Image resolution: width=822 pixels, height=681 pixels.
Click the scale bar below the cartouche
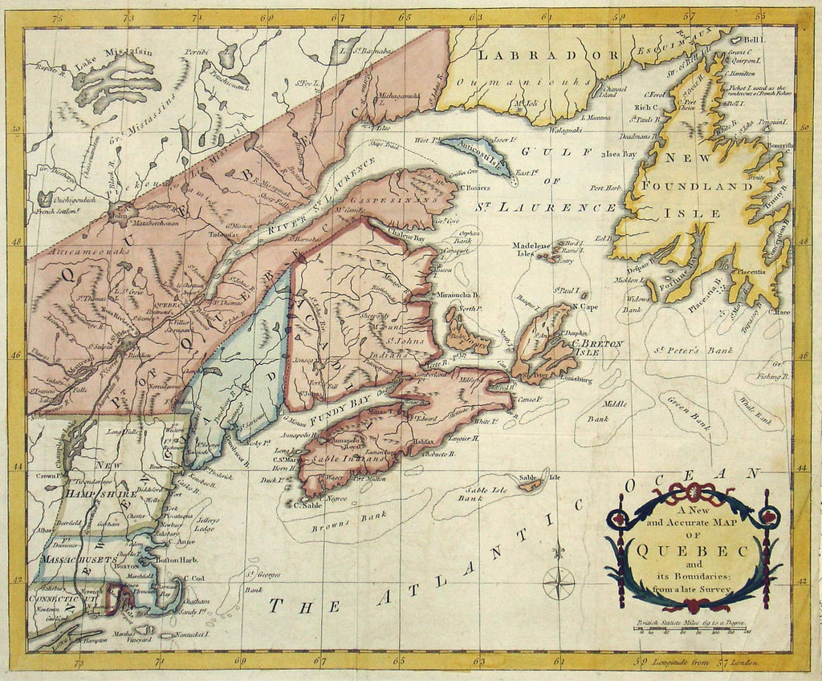(693, 630)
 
